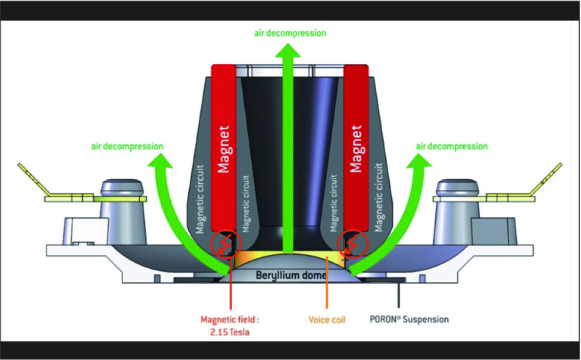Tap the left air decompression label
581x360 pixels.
127,146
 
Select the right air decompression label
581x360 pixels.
452,146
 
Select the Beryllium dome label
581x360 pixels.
290,276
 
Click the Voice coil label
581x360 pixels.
327,320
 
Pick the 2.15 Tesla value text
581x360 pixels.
231,332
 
